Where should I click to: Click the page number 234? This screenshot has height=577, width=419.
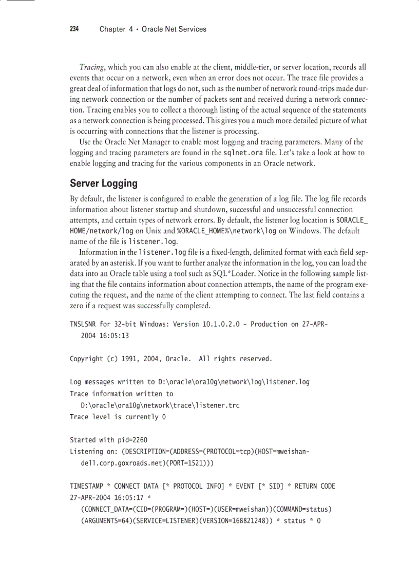(x=74, y=29)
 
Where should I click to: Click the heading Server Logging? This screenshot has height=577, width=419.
(x=104, y=183)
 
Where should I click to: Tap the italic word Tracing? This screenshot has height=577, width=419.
(x=92, y=67)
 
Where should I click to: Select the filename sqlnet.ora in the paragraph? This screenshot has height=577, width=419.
(x=244, y=153)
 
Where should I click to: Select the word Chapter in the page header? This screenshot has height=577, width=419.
(x=112, y=29)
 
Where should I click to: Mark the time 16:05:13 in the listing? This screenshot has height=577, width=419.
(x=114, y=336)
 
